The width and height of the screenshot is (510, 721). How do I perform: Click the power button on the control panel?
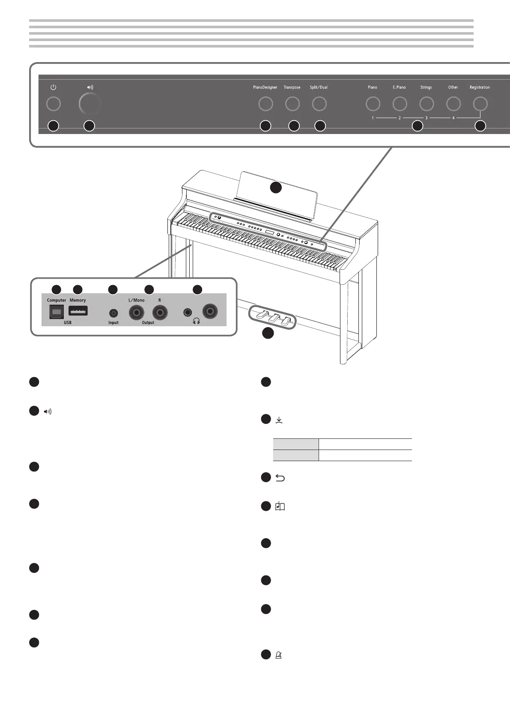pyautogui.click(x=54, y=104)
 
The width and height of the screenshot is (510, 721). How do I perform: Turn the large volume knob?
pyautogui.click(x=90, y=104)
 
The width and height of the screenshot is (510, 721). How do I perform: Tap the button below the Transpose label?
pyautogui.click(x=292, y=104)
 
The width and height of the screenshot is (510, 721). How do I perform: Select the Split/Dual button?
pyautogui.click(x=319, y=104)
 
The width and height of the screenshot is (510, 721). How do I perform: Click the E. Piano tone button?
pyautogui.click(x=400, y=104)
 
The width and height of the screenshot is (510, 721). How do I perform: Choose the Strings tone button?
pyautogui.click(x=426, y=104)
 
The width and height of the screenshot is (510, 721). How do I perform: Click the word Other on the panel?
pyautogui.click(x=453, y=87)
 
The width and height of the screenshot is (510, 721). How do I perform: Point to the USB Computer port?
pyautogui.click(x=57, y=312)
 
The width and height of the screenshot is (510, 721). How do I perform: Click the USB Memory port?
pyautogui.click(x=78, y=310)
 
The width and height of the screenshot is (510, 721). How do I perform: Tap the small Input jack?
pyautogui.click(x=113, y=313)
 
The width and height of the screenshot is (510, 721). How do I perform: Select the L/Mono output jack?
pyautogui.click(x=137, y=312)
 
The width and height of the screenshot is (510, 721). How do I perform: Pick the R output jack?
pyautogui.click(x=160, y=312)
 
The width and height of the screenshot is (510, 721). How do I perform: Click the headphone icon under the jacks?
pyautogui.click(x=197, y=321)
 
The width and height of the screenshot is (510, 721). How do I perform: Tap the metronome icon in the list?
pyautogui.click(x=279, y=655)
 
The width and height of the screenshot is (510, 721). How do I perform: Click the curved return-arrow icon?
pyautogui.click(x=280, y=478)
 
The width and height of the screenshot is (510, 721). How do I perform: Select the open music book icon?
pyautogui.click(x=280, y=506)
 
